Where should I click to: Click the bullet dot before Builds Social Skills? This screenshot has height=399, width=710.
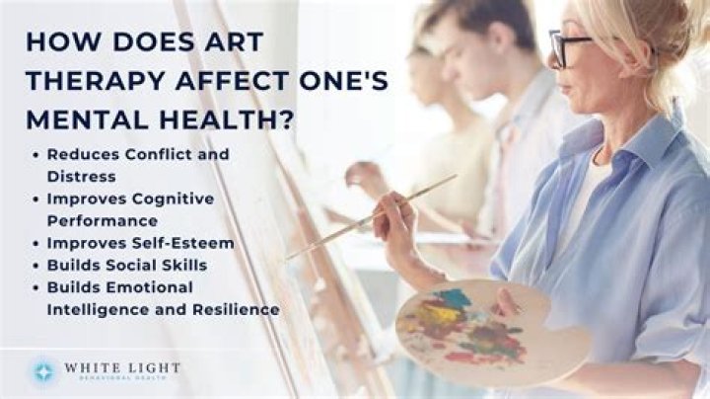[x=35, y=265]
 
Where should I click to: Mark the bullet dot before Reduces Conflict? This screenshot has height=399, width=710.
[x=35, y=155]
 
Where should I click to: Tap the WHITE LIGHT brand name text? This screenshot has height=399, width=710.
[x=121, y=368]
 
